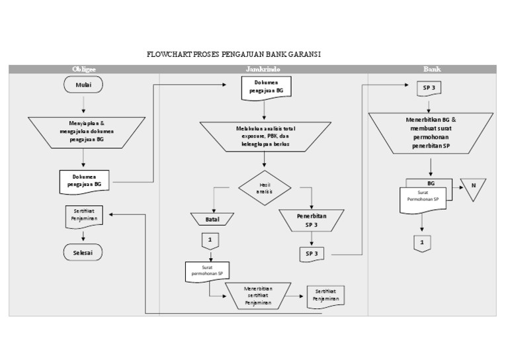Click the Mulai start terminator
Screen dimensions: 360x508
[83, 85]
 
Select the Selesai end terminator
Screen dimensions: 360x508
[83, 252]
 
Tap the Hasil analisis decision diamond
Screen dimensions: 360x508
[265, 188]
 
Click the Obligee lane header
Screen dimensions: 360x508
[83, 69]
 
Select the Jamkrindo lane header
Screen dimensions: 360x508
[264, 69]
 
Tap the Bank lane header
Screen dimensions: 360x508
[432, 69]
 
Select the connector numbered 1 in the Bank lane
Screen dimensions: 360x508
[422, 243]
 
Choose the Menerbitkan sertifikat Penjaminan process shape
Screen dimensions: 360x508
[259, 295]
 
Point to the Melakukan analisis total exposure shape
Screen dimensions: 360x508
[265, 136]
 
